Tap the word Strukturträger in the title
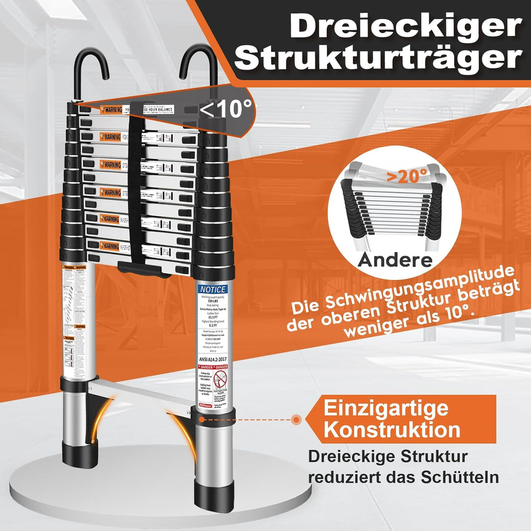click(x=381, y=59)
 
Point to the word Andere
click(x=395, y=259)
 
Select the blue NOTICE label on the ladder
click(x=212, y=290)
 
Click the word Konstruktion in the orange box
click(x=392, y=430)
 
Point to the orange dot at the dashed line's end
click(x=296, y=419)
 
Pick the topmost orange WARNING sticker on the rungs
click(x=111, y=110)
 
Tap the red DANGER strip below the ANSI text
click(x=212, y=367)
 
